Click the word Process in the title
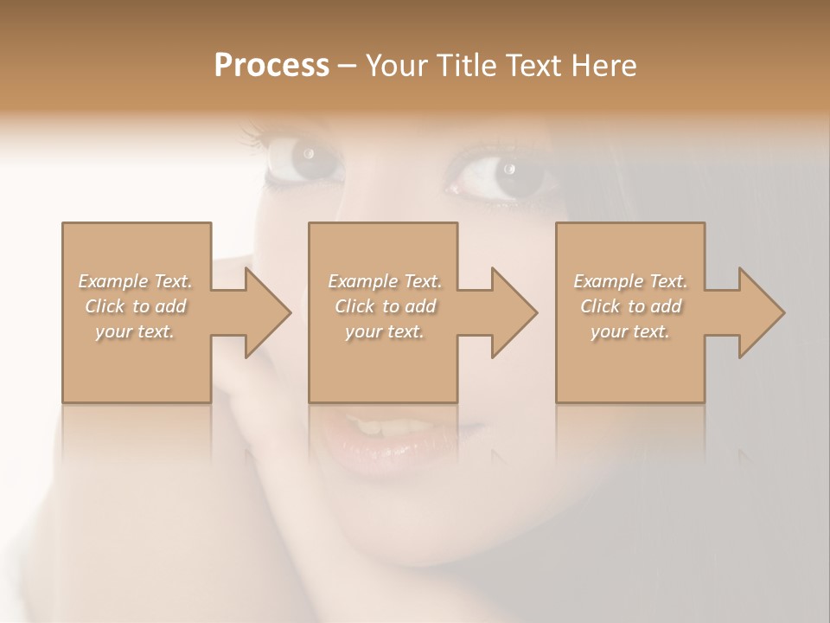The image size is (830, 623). coord(271,65)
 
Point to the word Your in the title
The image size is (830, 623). coord(399,65)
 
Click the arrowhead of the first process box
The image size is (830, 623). coord(264,312)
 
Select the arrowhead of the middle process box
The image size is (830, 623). coord(510,312)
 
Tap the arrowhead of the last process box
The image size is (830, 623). coord(757,312)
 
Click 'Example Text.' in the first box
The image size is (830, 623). coord(136,281)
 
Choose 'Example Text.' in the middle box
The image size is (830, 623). coord(385,281)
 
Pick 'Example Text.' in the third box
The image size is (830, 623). coord(630,281)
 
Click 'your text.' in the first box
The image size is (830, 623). coord(135,331)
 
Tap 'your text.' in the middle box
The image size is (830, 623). coord(385,331)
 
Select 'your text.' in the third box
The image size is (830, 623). coord(630,331)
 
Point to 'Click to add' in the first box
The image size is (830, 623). coord(136,306)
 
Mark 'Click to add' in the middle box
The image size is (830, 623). coord(385,306)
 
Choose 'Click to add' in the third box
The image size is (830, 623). coord(630,306)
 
